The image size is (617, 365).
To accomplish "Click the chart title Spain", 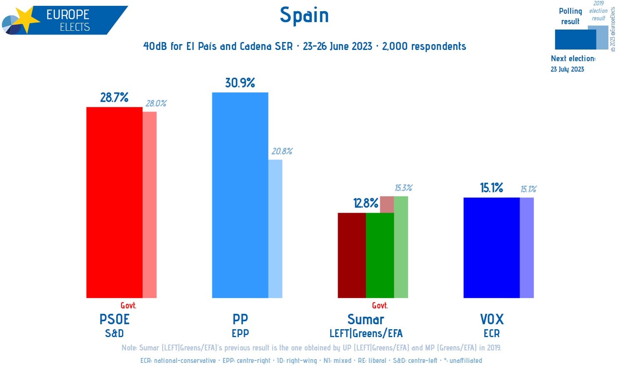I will (x=304, y=15).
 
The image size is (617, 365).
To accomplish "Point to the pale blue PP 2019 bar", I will (x=275, y=229).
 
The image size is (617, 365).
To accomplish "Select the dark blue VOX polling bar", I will (x=491, y=248).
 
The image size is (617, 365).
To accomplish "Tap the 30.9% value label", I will (x=240, y=83).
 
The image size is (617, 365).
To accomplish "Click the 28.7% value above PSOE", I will (x=114, y=97).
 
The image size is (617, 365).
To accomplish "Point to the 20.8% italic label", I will (x=282, y=151).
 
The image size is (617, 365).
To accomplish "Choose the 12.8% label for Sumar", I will (x=366, y=203).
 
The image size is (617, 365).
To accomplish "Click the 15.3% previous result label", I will (x=403, y=188).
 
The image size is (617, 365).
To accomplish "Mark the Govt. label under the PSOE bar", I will (x=128, y=305).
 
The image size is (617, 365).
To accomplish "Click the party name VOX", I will (x=492, y=319).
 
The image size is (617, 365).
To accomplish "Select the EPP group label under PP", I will (x=240, y=333).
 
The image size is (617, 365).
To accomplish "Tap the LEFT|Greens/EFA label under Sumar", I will (x=366, y=333).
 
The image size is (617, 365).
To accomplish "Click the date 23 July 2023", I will (x=567, y=69).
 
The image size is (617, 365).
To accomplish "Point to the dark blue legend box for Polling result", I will (x=575, y=40).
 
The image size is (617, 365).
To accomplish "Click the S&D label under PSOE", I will (x=114, y=333).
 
